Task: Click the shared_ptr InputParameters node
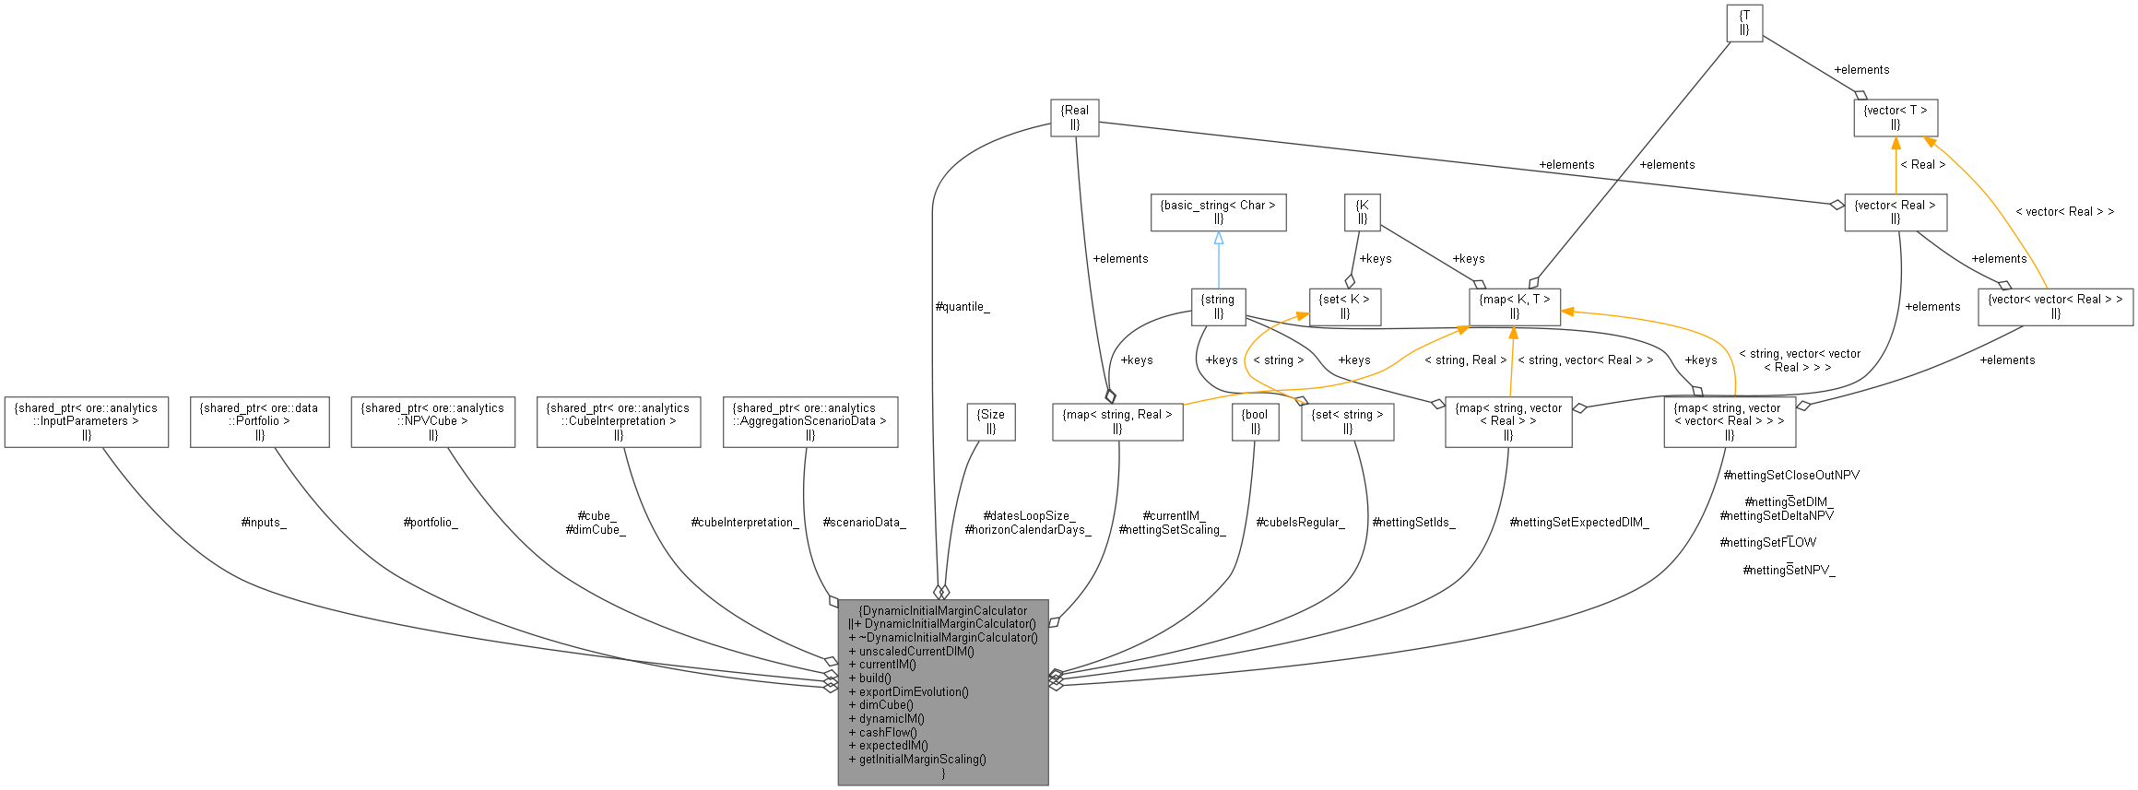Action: click(x=86, y=421)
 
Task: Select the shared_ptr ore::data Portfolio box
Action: click(x=259, y=421)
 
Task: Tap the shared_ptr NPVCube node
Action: click(x=432, y=421)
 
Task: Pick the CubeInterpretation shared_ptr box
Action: click(x=619, y=421)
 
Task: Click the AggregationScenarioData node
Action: click(x=809, y=421)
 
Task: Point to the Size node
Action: click(x=991, y=421)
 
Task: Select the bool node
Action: click(x=1255, y=421)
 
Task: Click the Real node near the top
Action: click(x=1074, y=117)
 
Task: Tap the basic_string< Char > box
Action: click(x=1218, y=212)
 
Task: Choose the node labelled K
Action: click(x=1362, y=212)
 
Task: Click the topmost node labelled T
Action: click(x=1743, y=23)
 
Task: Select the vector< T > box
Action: click(x=1895, y=117)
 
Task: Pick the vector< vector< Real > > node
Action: click(x=2055, y=306)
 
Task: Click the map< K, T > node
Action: click(x=1514, y=306)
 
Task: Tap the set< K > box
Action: click(x=1344, y=306)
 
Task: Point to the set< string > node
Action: click(x=1347, y=421)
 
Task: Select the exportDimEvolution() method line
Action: click(x=913, y=691)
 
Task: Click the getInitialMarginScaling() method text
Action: click(x=922, y=760)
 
